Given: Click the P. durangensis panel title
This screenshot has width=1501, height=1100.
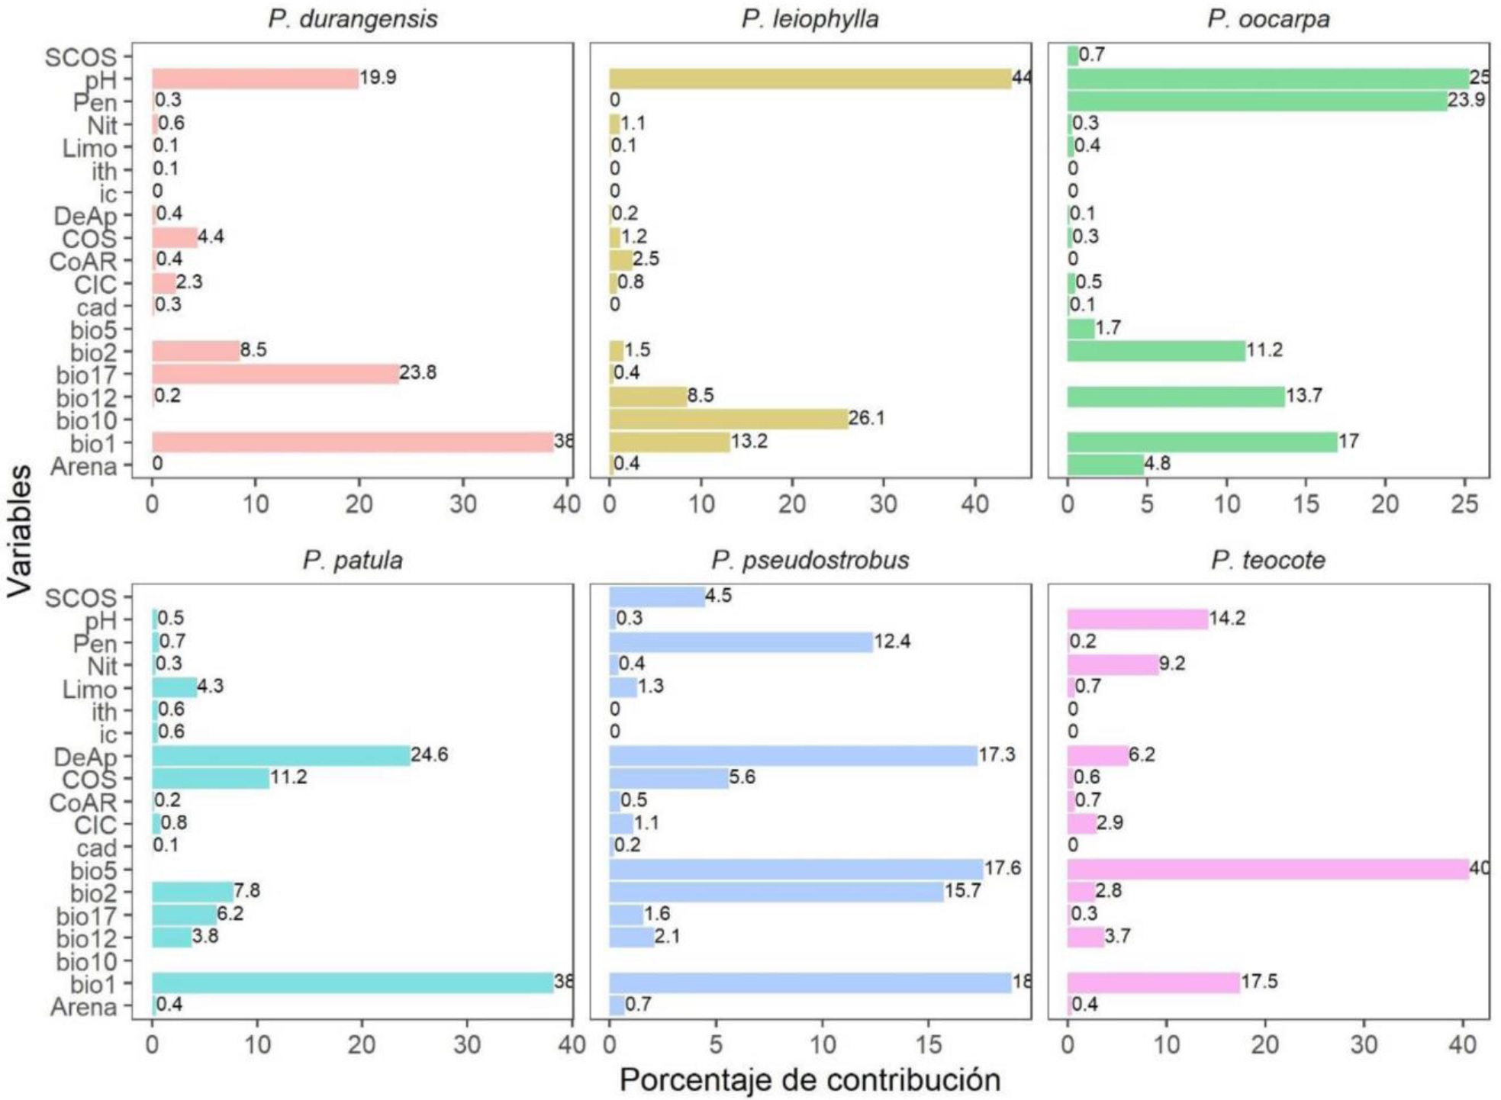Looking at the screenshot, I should pos(353,18).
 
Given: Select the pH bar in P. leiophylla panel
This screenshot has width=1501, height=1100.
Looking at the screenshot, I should pos(810,79).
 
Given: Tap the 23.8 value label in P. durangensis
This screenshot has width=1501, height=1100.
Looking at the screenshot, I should pos(417,372).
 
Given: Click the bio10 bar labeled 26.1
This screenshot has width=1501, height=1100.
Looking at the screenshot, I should pos(728,419).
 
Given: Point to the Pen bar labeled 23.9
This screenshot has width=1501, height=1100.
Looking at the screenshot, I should pos(1256,101).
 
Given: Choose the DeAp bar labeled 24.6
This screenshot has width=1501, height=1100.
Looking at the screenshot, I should pos(280,755).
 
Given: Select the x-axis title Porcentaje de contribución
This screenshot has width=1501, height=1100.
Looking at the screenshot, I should pos(810,1080).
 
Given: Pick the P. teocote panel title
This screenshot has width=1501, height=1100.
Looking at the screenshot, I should pos(1267,560).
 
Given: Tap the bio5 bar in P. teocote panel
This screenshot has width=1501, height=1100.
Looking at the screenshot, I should pos(1267,869).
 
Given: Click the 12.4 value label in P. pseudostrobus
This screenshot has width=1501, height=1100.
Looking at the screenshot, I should pos(892,641).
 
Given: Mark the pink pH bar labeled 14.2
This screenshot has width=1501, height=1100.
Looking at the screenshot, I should pos(1137,619).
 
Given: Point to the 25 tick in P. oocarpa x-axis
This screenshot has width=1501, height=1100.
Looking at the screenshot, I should pos(1464,503).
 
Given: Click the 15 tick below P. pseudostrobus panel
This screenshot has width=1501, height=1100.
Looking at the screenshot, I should pos(929,1044).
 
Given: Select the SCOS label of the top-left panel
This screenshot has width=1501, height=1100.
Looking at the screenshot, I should pos(81,57).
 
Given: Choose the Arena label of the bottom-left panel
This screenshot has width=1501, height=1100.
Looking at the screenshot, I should pos(83,1007).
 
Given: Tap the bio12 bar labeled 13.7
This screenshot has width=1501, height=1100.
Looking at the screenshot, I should pos(1175,397).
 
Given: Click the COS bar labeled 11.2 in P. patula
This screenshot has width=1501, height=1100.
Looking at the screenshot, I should pos(211,778).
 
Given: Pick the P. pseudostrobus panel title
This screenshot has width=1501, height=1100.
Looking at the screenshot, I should pos(810,560).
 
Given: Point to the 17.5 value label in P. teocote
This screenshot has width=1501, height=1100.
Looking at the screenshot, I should pos(1259,981).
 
